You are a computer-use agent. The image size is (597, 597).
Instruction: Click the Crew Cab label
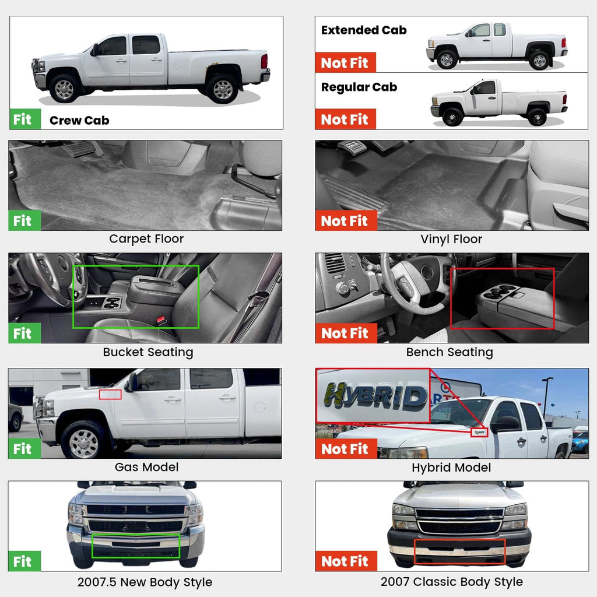(79, 120)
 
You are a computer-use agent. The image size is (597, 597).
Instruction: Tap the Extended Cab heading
(364, 30)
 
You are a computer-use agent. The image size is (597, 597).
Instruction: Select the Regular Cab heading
(359, 87)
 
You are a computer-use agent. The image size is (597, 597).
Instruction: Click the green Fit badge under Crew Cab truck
(24, 119)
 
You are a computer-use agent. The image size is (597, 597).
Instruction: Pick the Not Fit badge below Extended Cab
(345, 62)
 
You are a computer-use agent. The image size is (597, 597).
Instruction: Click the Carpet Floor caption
(146, 238)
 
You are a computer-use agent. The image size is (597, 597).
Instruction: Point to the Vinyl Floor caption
(451, 239)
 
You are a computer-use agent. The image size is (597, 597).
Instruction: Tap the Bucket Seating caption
(148, 352)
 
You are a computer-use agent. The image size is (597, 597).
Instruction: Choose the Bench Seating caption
(449, 352)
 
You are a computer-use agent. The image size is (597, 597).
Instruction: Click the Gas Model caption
(146, 467)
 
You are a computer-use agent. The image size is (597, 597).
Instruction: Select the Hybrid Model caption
(451, 467)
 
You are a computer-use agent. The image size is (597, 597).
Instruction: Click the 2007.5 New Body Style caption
(145, 582)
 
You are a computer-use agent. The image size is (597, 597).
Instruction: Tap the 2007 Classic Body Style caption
(452, 582)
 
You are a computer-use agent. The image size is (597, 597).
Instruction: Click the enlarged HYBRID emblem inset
(373, 396)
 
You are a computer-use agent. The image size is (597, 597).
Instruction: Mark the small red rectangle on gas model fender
(110, 395)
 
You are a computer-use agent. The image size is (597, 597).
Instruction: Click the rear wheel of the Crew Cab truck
(222, 89)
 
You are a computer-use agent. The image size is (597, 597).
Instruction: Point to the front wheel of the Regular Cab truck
(452, 117)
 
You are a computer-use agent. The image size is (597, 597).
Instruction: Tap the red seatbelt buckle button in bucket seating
(161, 319)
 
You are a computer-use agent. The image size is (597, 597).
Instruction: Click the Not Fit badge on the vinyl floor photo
(346, 220)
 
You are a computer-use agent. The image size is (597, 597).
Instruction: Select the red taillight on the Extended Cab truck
(564, 43)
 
